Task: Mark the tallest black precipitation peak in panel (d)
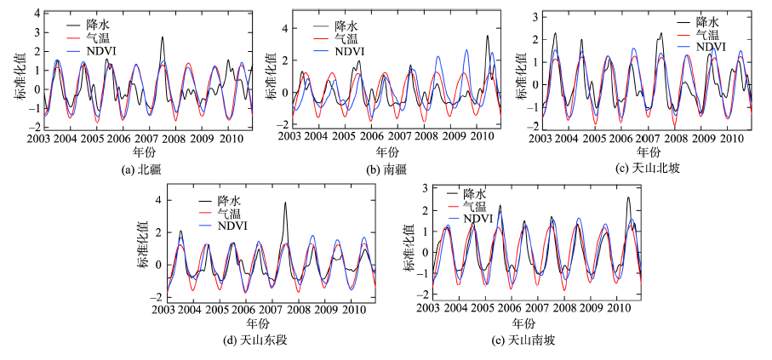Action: coord(285,203)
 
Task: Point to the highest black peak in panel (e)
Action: coord(628,198)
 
